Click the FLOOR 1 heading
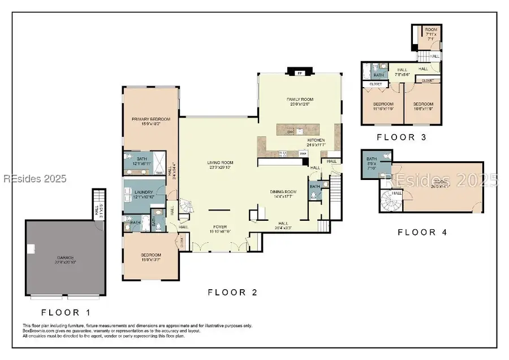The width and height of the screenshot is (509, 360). pos(65,312)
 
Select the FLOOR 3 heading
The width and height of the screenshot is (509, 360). pos(402,137)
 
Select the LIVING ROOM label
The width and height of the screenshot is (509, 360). pos(219,163)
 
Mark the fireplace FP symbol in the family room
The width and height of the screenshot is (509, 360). pos(300,73)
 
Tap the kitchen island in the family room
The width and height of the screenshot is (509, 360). pos(304,130)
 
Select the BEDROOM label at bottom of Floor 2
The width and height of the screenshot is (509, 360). pos(150,255)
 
